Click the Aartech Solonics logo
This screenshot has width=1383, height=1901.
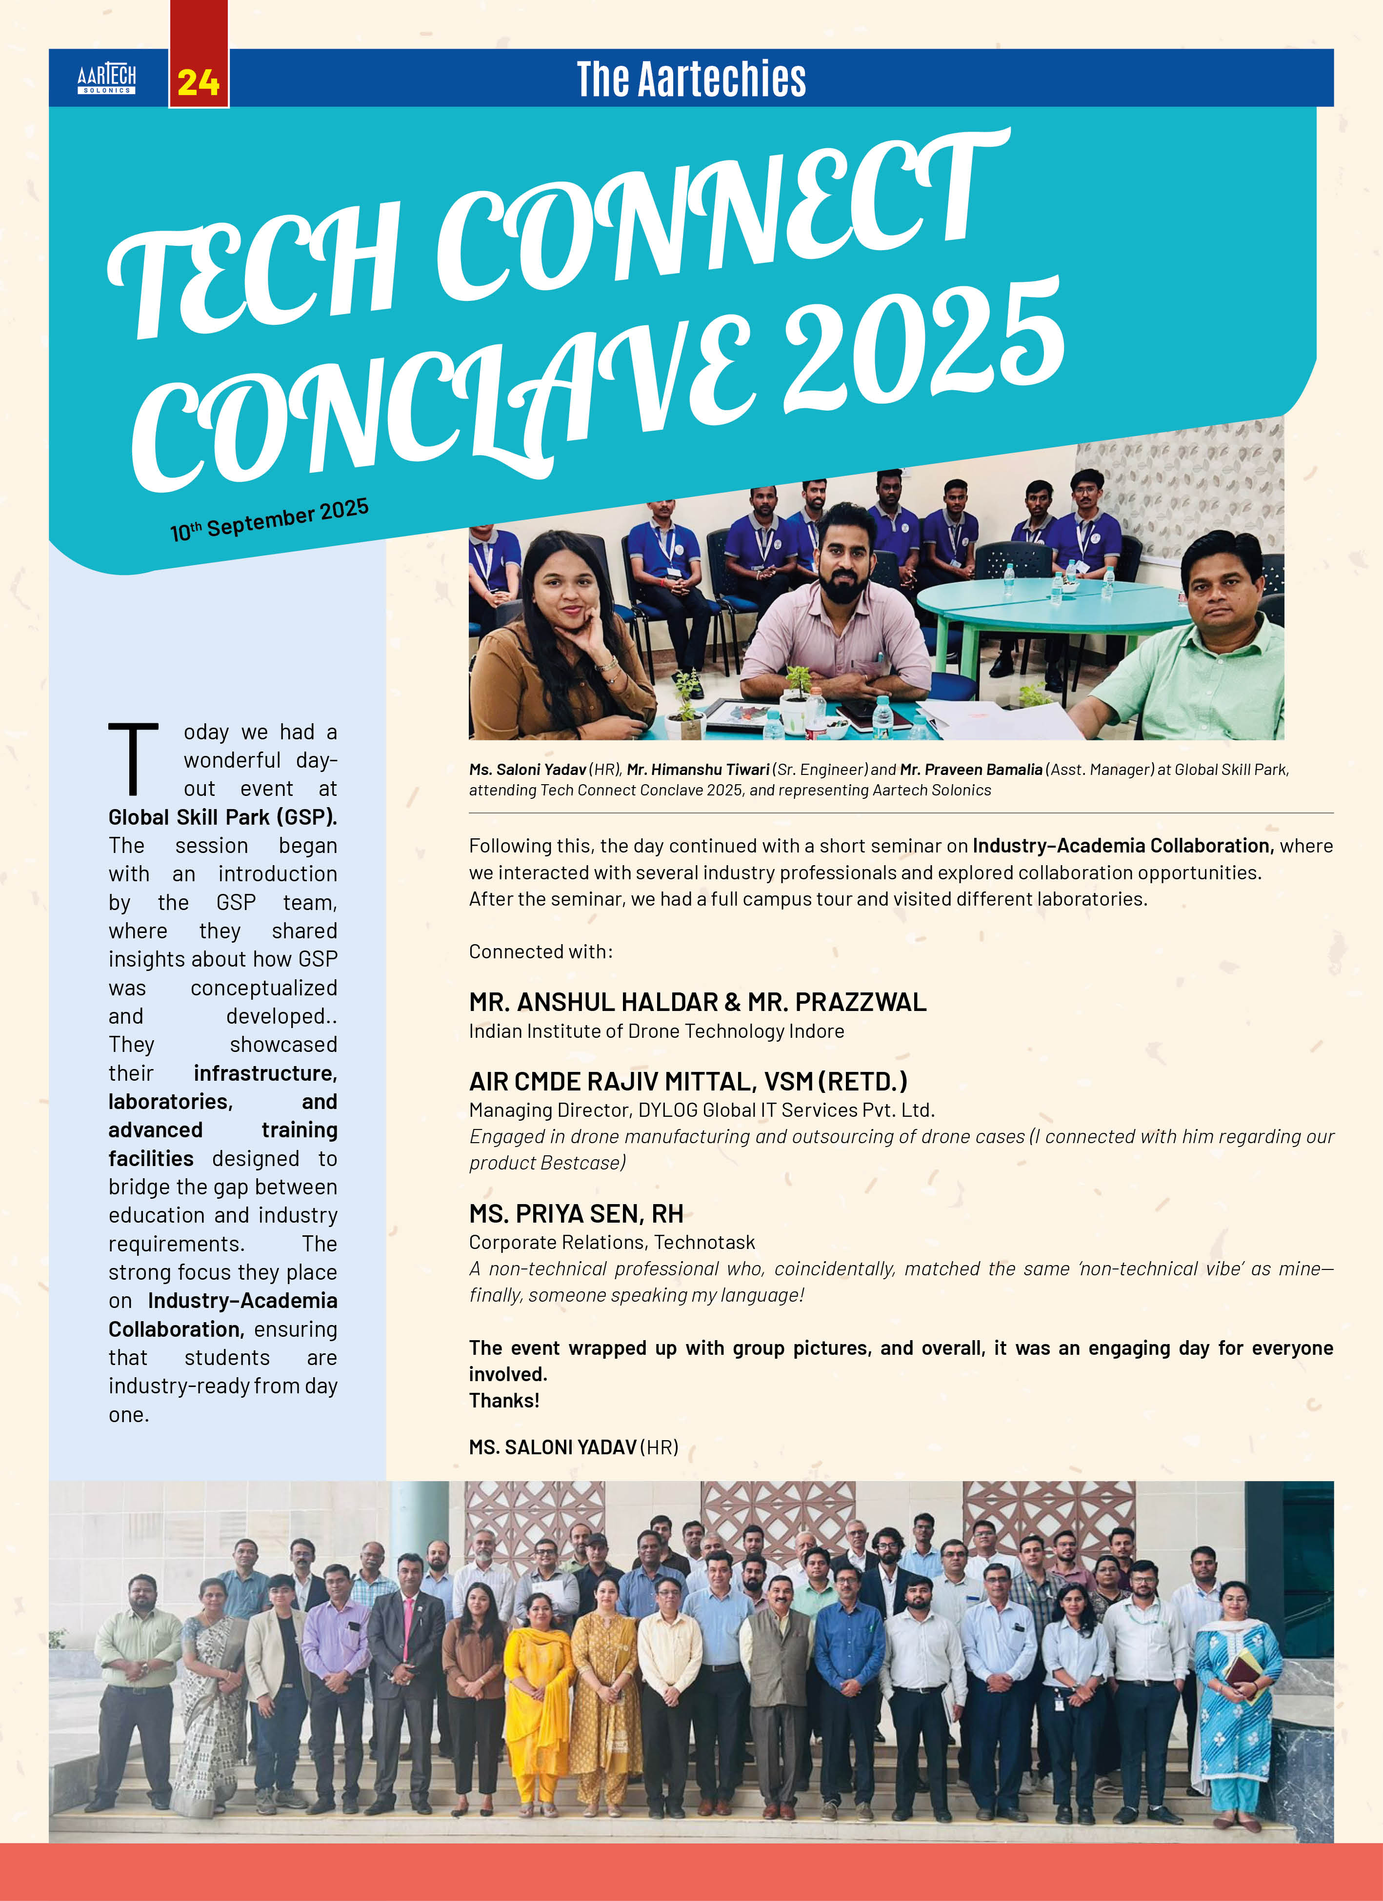pos(106,79)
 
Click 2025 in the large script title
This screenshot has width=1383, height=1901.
pos(922,352)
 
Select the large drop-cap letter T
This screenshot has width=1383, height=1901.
pos(133,758)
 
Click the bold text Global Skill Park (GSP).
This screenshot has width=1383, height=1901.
pos(222,817)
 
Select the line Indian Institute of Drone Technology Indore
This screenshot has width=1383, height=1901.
pos(656,1031)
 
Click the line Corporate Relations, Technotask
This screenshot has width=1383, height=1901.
pos(612,1242)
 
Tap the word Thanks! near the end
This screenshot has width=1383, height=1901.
pos(504,1401)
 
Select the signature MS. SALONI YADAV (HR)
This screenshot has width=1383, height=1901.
pos(573,1447)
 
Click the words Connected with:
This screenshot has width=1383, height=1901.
pos(541,951)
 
